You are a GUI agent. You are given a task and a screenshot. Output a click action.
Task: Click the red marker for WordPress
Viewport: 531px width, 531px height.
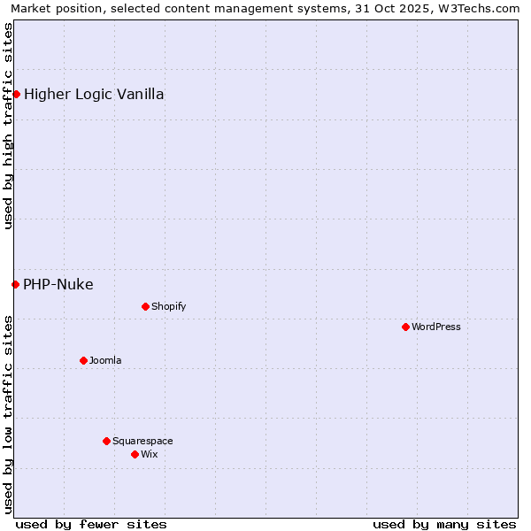(405, 327)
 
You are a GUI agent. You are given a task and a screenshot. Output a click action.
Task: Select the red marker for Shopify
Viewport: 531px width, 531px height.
(145, 306)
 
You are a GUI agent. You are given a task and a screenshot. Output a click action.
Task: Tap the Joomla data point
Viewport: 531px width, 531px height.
(83, 360)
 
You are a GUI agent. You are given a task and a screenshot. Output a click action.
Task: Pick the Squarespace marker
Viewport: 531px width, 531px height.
(106, 441)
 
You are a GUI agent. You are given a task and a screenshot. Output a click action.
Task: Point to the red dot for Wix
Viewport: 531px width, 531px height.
(135, 454)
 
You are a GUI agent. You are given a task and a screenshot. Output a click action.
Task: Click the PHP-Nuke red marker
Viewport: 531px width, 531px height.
(15, 284)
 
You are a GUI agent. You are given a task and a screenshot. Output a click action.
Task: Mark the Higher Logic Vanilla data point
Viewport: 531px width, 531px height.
(16, 94)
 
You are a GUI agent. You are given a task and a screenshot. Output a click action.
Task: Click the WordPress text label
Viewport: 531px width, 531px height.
(436, 327)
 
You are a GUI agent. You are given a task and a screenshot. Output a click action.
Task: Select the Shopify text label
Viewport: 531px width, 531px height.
(168, 306)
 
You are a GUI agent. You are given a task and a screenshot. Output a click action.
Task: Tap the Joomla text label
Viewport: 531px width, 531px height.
(105, 360)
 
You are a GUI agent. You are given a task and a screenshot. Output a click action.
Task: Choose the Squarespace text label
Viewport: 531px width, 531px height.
(142, 441)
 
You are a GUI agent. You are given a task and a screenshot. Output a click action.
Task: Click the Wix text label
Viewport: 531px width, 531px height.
(149, 454)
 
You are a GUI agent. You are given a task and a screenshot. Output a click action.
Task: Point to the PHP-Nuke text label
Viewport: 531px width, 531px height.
(58, 284)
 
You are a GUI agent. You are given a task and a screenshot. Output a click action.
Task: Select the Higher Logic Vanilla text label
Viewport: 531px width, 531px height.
(94, 94)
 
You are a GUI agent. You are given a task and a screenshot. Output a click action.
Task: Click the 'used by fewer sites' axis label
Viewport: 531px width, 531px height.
(91, 524)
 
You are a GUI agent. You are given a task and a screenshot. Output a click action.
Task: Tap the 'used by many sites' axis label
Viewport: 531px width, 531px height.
(444, 524)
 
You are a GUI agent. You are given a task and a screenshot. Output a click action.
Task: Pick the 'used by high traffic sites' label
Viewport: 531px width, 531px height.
(8, 126)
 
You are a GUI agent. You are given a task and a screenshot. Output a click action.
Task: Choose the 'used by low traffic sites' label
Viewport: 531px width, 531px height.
(8, 414)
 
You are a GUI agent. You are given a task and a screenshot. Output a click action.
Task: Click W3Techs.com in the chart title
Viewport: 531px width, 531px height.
(478, 8)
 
